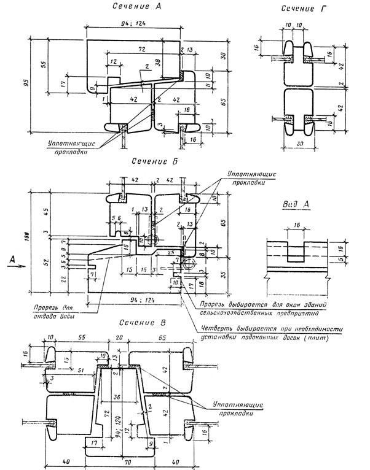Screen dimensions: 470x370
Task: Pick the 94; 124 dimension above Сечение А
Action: tap(135, 24)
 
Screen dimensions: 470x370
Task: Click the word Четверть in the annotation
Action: tap(215, 329)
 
